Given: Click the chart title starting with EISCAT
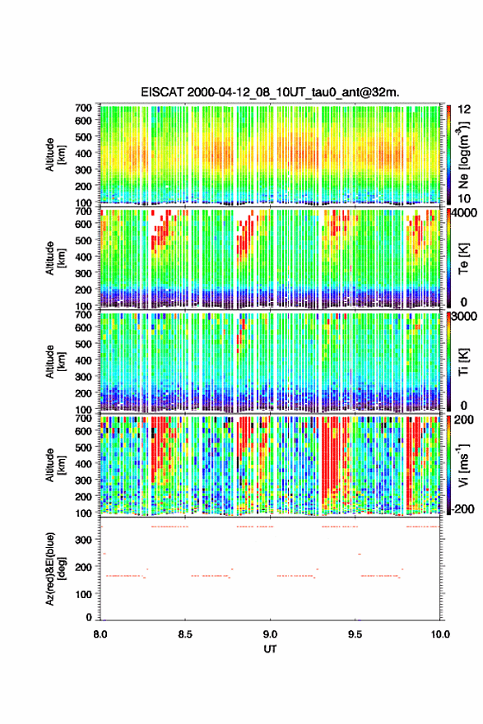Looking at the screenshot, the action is pyautogui.click(x=270, y=92).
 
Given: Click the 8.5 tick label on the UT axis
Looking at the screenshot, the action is pyautogui.click(x=185, y=634).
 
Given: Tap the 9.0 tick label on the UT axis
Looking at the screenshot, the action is pyautogui.click(x=270, y=634).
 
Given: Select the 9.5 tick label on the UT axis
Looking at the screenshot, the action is pyautogui.click(x=355, y=634).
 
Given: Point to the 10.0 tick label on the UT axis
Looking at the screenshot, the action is pyautogui.click(x=440, y=634).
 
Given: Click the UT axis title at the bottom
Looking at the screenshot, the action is pyautogui.click(x=270, y=649).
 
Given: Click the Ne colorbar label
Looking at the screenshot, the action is pyautogui.click(x=463, y=155).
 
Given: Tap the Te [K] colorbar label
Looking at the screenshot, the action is pyautogui.click(x=463, y=258).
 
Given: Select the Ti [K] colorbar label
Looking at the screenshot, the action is pyautogui.click(x=463, y=362).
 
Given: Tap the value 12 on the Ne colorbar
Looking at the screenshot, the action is pyautogui.click(x=465, y=109).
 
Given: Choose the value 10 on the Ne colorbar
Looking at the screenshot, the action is pyautogui.click(x=465, y=198).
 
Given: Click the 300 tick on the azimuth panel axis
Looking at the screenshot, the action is pyautogui.click(x=84, y=540).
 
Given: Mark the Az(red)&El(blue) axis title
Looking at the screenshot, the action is pyautogui.click(x=54, y=569).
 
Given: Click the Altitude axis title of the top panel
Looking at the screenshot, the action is pyautogui.click(x=54, y=155).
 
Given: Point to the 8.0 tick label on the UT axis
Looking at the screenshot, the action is pyautogui.click(x=100, y=634).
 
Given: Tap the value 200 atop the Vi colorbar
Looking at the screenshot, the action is pyautogui.click(x=464, y=420).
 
